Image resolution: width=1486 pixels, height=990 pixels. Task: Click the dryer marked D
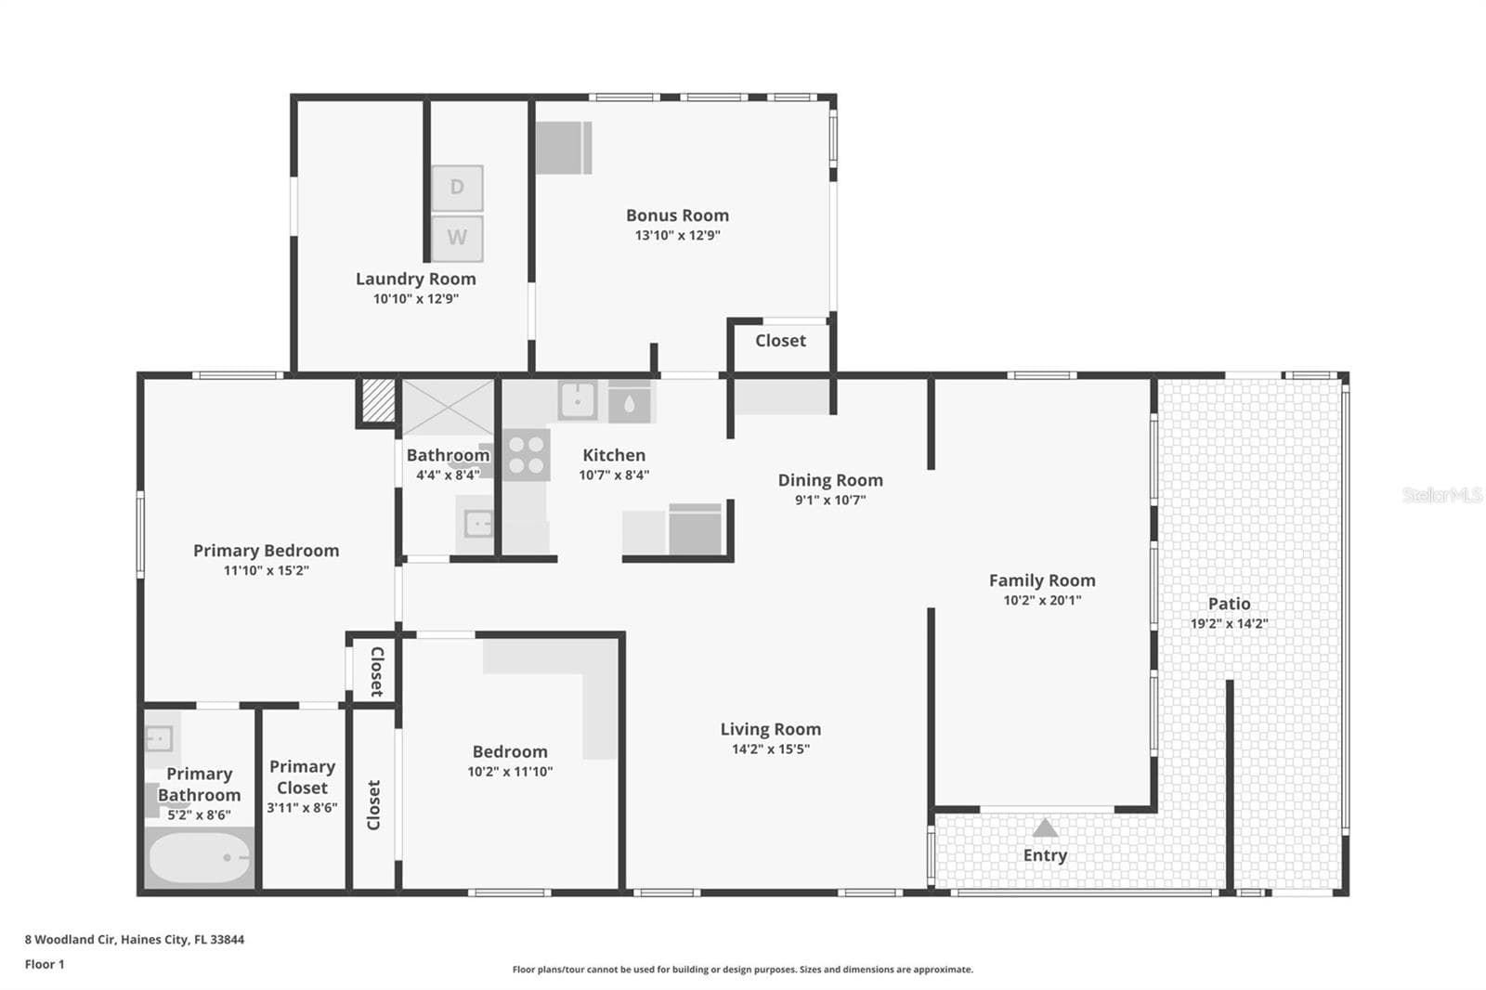[457, 188]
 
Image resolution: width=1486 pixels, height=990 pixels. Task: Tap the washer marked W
[457, 238]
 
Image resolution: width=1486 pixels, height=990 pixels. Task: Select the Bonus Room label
[677, 215]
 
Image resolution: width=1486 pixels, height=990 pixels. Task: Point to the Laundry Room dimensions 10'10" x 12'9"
[416, 299]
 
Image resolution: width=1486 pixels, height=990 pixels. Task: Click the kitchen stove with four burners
[527, 455]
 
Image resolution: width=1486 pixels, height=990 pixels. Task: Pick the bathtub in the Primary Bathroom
[200, 858]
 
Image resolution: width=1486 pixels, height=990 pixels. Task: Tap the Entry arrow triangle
[1046, 827]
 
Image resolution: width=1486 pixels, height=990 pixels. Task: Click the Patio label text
[1230, 604]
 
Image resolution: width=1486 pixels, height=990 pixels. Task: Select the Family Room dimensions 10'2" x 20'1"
[1042, 601]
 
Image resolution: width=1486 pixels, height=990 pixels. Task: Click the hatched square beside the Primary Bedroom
[379, 400]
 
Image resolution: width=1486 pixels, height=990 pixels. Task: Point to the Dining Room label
[830, 480]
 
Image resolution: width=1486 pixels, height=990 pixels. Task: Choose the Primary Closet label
[302, 777]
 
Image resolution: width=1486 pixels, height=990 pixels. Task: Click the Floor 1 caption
[45, 964]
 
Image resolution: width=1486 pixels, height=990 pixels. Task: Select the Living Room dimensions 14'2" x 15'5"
[771, 749]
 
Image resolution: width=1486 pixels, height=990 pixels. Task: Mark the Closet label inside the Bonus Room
[780, 341]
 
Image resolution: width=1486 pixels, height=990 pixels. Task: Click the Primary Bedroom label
[266, 550]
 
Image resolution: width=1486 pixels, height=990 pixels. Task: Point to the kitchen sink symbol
[577, 401]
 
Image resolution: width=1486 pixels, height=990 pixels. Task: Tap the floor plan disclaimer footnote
[742, 970]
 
